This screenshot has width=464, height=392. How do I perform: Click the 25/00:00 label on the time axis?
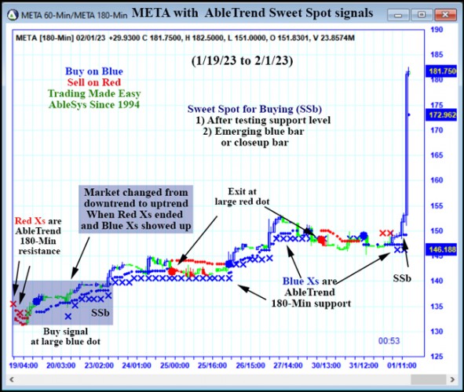[175, 365]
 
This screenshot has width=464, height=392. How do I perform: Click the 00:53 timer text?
[389, 341]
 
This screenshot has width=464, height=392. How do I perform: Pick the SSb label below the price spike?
[402, 278]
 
